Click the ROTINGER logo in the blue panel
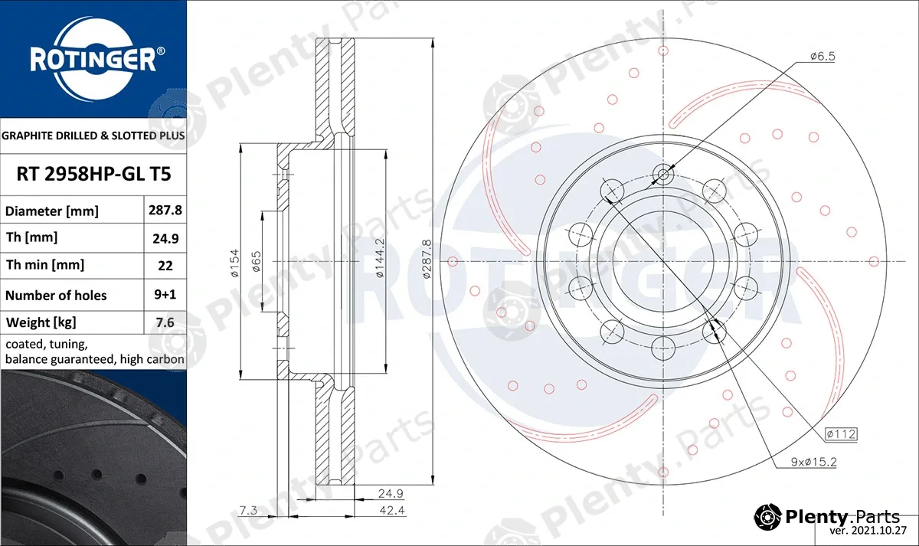point(93,60)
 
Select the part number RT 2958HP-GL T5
point(93,174)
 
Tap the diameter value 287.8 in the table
point(165,210)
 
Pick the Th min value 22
point(165,266)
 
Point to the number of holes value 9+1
point(165,295)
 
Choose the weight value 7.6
point(165,322)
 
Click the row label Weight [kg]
point(41,322)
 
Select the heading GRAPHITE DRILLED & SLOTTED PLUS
point(93,136)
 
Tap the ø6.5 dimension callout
point(823,56)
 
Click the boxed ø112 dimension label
point(841,434)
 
